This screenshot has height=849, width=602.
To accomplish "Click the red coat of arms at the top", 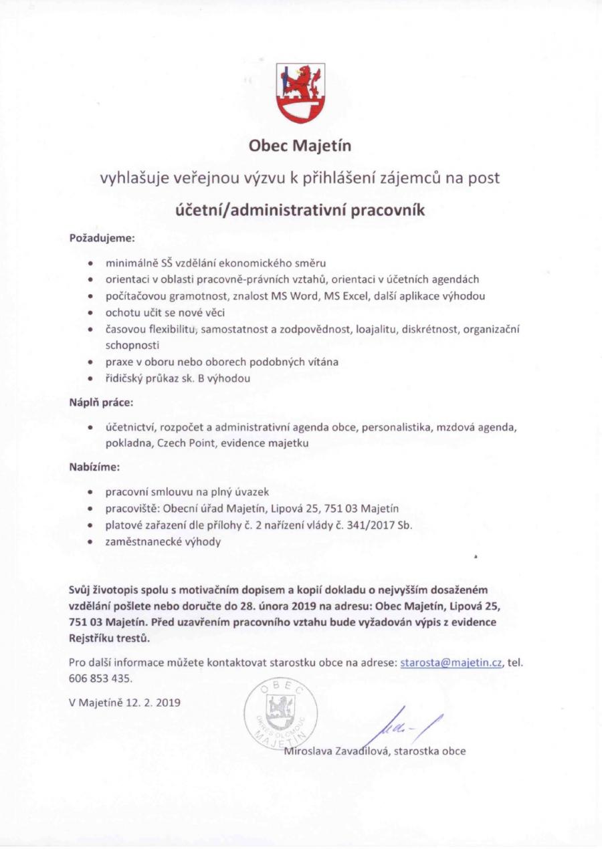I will tap(300, 92).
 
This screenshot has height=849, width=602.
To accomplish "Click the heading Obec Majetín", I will tap(300, 145).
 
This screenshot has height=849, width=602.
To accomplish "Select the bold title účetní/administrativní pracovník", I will tap(300, 210).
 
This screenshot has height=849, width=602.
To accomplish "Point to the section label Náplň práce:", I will tap(101, 403).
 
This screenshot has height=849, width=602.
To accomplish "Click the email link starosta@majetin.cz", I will tap(451, 662).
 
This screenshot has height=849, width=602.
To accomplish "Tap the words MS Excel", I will tap(348, 296).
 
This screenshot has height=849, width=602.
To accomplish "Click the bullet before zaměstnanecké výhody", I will tap(90, 542).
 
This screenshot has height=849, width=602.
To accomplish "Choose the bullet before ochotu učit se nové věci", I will tap(90, 313).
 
